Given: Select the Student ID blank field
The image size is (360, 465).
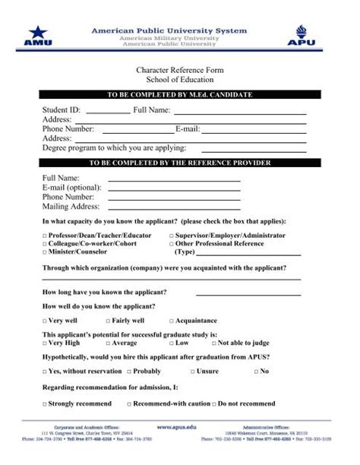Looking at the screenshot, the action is click(108, 111).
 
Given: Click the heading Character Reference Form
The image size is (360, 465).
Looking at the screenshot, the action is click(179, 71).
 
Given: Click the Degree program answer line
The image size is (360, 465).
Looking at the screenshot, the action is click(254, 148).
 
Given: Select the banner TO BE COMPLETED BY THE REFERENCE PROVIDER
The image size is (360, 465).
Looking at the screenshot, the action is click(180, 163).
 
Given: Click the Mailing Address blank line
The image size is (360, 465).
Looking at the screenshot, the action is click(174, 206).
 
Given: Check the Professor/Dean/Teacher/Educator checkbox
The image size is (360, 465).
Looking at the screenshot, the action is click(45, 236).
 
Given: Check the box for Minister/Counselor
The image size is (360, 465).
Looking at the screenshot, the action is click(45, 251).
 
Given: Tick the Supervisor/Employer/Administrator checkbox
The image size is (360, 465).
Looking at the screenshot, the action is click(172, 236).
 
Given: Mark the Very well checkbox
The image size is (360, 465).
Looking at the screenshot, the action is click(45, 321).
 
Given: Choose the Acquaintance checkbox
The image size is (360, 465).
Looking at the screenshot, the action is click(172, 321).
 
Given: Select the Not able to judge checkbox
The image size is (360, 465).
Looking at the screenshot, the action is click(215, 343).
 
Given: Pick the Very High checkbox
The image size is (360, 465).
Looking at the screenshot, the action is click(45, 343).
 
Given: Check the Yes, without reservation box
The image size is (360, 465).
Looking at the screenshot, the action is click(45, 372).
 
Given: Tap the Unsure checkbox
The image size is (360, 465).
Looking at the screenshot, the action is click(193, 372).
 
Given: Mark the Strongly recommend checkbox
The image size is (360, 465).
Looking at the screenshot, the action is click(45, 403).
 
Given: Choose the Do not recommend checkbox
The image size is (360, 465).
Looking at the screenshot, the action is click(214, 403).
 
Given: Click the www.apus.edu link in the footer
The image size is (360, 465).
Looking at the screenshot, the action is click(179, 428).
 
